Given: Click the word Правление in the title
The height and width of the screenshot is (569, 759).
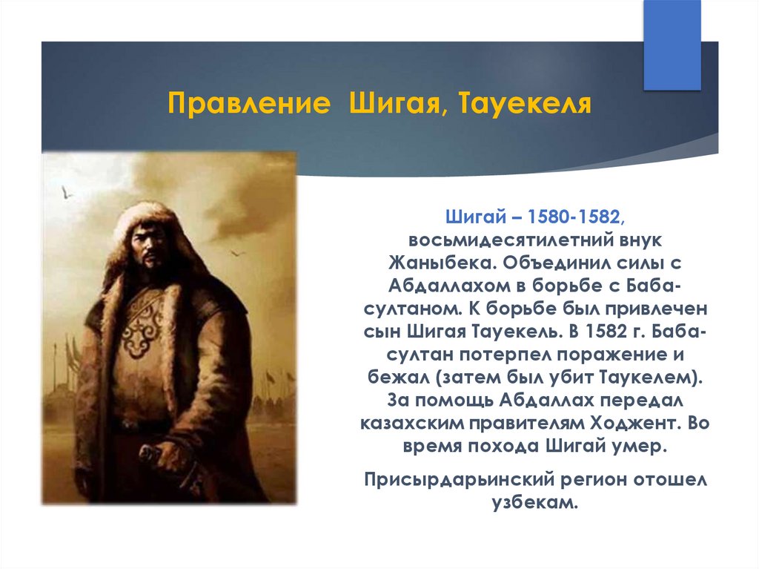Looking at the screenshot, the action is pyautogui.click(x=249, y=103).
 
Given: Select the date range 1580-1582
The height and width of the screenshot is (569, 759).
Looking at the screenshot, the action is pyautogui.click(x=574, y=217).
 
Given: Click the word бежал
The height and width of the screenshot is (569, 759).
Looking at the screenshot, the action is pyautogui.click(x=398, y=377).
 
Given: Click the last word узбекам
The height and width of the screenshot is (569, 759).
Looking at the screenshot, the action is pyautogui.click(x=535, y=502).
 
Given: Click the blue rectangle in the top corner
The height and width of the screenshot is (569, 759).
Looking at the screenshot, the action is pyautogui.click(x=672, y=45).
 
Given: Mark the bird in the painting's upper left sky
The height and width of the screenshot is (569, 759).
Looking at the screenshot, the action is pyautogui.click(x=66, y=193).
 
